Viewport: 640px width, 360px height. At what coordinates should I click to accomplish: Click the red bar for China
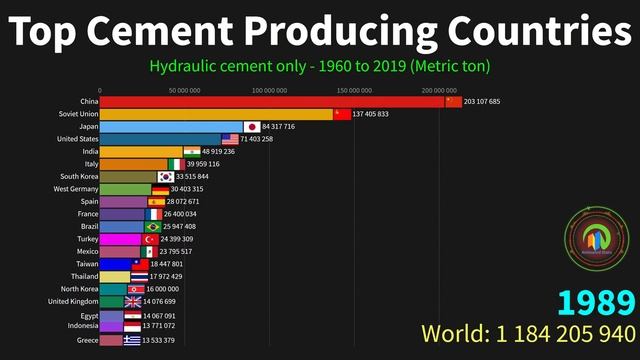tap(270, 102)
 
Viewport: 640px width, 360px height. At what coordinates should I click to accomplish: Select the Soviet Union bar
tap(216, 114)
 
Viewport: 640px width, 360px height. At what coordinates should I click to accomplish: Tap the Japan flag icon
tap(251, 127)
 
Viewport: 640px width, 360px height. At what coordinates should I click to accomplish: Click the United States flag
tap(229, 139)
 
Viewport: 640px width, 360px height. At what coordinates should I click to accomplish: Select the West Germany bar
tap(125, 189)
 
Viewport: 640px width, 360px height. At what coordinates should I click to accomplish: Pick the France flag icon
tap(153, 214)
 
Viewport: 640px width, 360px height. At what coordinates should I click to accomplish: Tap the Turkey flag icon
tap(151, 240)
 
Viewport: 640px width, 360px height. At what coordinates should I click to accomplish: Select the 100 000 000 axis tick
tap(269, 90)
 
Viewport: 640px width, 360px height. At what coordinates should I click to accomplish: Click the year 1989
tap(596, 303)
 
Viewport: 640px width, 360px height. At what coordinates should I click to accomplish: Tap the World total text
tap(528, 333)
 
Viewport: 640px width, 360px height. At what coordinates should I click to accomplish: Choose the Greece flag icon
tap(132, 340)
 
